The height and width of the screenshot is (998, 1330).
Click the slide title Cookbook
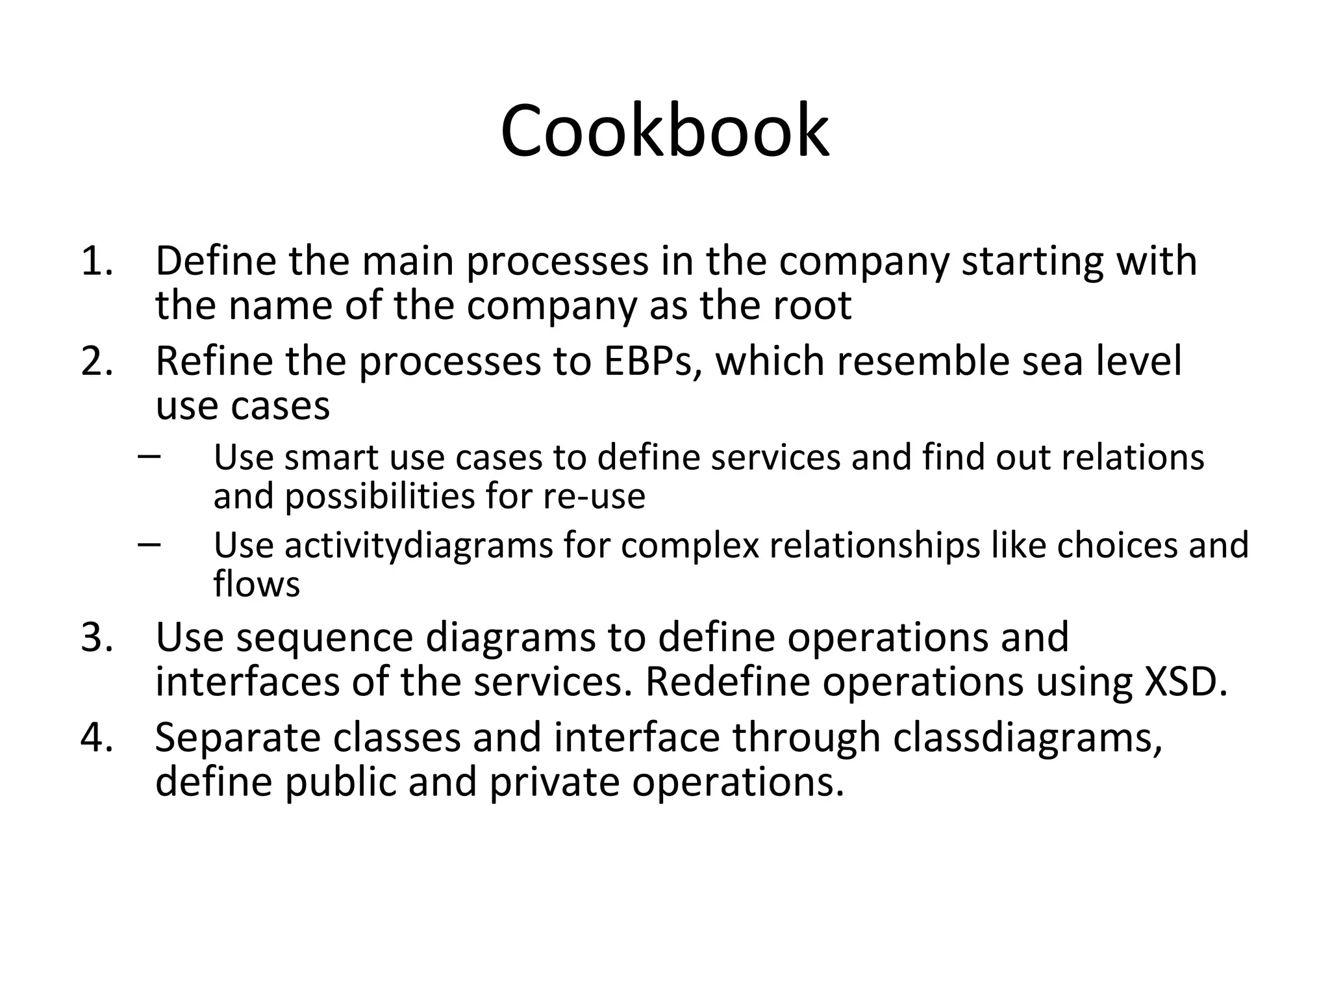click(x=664, y=131)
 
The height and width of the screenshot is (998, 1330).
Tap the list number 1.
click(x=97, y=261)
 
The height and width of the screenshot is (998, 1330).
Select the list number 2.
click(x=97, y=362)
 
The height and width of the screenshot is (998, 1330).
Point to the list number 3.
click(x=97, y=637)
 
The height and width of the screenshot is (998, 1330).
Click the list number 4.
click(x=97, y=738)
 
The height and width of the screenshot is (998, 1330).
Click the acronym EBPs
click(x=653, y=362)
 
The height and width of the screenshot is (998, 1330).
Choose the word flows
click(x=257, y=584)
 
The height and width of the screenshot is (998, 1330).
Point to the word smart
click(x=331, y=457)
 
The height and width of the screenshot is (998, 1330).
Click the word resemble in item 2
click(x=923, y=362)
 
